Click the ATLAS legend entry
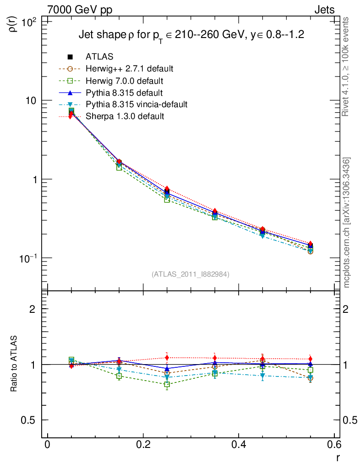[x=99, y=57]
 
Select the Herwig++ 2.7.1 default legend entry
[x=129, y=69]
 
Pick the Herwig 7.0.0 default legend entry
[x=124, y=81]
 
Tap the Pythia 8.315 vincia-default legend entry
[x=136, y=104]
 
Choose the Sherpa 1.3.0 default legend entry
[x=125, y=116]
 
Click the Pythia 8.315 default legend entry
[x=124, y=93]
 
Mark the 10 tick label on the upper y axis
[x=31, y=100]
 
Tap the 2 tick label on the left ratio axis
[x=33, y=309]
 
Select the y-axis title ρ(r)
[x=14, y=22]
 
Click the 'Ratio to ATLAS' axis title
[x=14, y=364]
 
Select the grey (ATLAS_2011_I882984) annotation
[x=191, y=274]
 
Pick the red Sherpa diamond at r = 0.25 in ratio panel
[x=167, y=357]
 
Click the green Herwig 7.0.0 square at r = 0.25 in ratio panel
[x=167, y=384]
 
